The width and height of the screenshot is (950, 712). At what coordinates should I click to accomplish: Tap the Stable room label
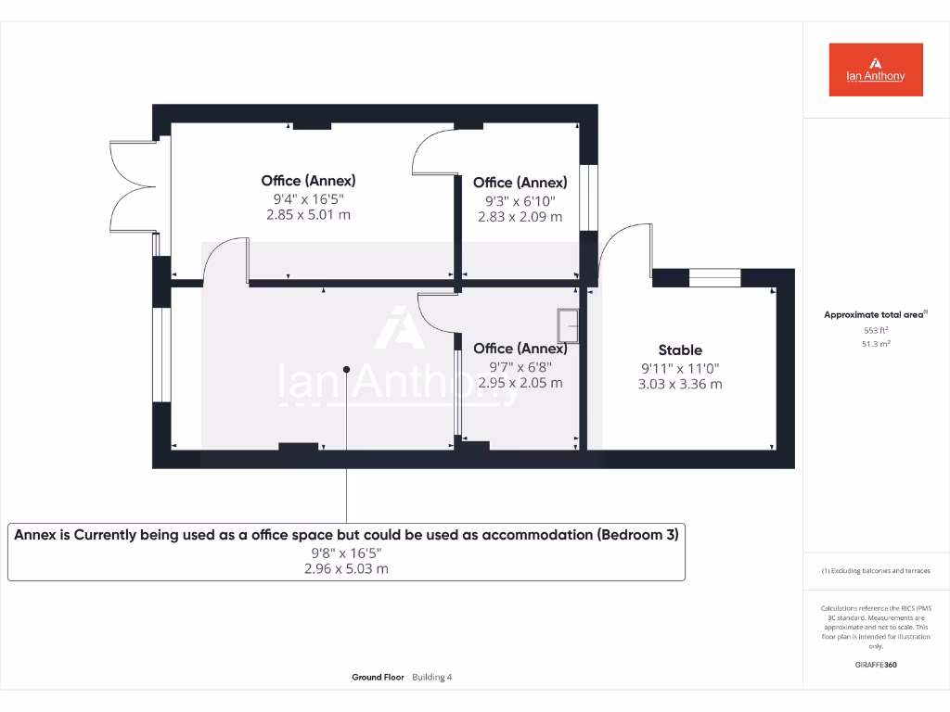coord(680,350)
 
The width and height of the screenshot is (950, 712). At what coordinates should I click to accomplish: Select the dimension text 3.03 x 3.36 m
coord(680,384)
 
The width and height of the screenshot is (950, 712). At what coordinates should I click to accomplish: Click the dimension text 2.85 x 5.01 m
coord(308,215)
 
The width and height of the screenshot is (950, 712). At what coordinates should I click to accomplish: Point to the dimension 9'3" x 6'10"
coord(520,200)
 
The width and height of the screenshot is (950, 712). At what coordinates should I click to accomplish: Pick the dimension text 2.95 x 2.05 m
coord(520,382)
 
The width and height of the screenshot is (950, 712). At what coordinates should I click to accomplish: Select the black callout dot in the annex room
coord(346,369)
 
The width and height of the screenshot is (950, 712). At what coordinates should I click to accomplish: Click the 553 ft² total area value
coord(876,330)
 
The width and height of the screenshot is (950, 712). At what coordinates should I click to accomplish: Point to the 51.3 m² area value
coord(876,343)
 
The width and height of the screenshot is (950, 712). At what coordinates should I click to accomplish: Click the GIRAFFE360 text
coord(876,665)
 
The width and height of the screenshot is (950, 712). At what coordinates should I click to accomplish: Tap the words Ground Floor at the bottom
coord(378,678)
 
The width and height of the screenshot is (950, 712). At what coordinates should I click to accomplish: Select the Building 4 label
coord(431,678)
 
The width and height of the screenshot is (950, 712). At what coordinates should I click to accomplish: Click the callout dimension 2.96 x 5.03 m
coord(346,569)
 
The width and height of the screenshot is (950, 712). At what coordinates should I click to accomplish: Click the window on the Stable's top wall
coord(714,276)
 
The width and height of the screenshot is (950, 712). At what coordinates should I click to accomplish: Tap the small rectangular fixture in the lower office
coord(567,325)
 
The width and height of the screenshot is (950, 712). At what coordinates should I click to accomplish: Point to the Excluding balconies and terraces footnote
coord(875,571)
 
